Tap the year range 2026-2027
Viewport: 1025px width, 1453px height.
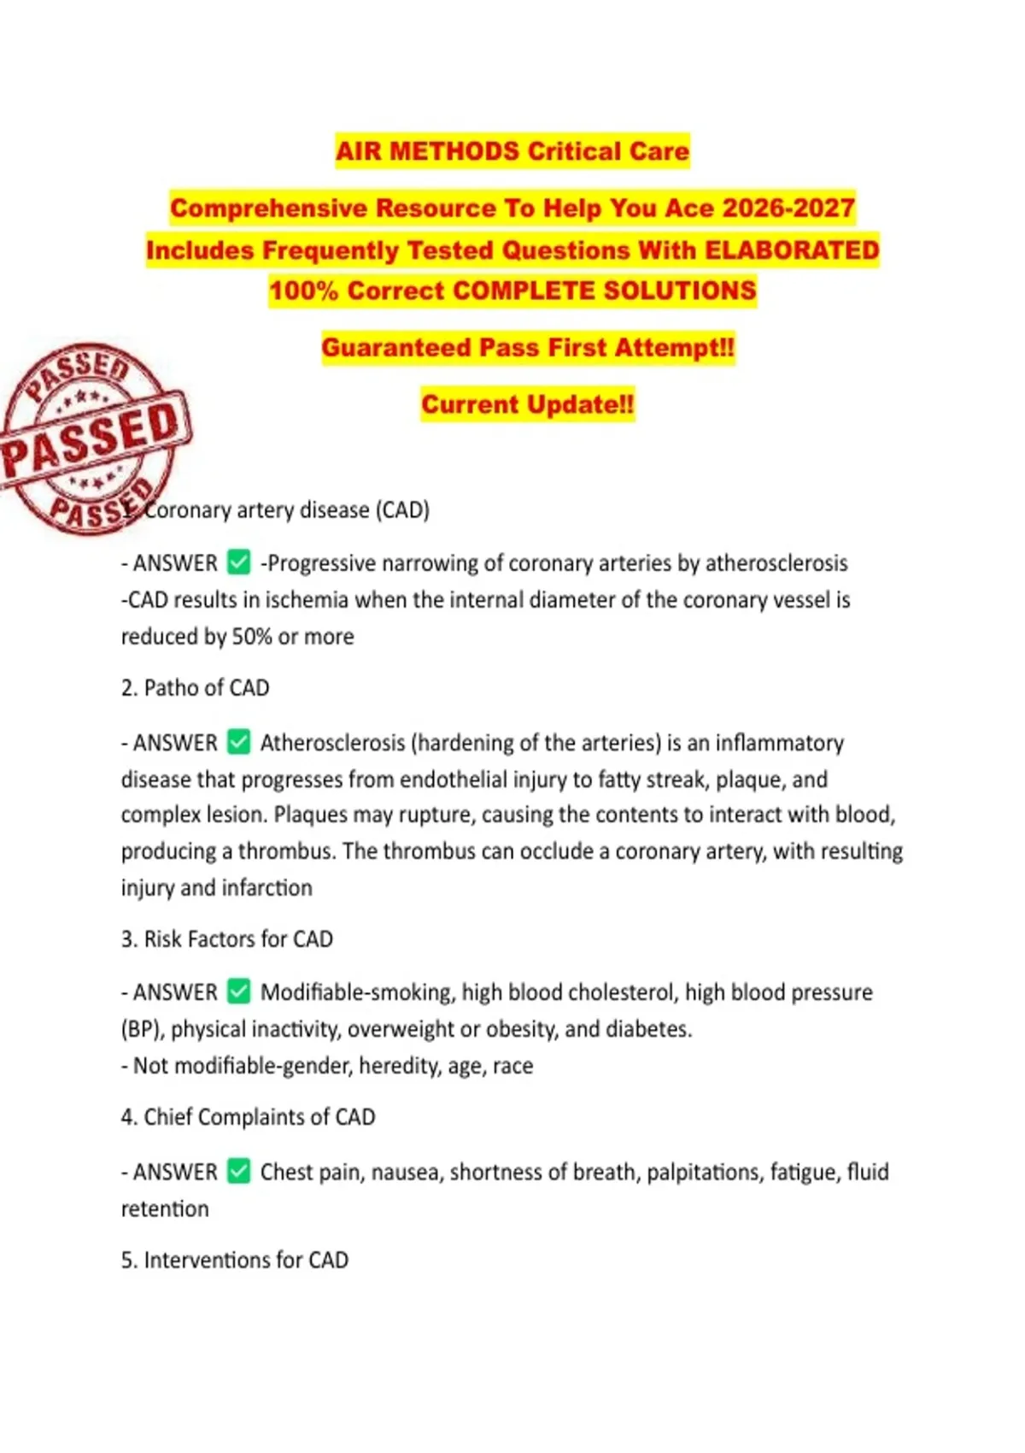point(788,208)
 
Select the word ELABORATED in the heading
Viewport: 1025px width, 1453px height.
point(792,250)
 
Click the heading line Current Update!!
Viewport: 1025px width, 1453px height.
point(527,404)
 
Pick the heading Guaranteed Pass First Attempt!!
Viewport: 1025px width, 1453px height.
point(527,348)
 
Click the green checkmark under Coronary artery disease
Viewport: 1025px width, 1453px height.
point(239,562)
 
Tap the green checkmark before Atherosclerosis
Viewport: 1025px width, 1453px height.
point(239,742)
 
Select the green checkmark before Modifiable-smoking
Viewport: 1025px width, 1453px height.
point(239,991)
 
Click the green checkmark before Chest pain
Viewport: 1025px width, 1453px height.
point(239,1171)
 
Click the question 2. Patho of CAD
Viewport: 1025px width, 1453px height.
point(195,688)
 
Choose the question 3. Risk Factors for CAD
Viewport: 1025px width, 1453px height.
point(226,938)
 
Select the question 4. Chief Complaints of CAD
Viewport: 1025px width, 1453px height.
point(248,1117)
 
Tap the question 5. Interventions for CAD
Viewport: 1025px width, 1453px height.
point(235,1260)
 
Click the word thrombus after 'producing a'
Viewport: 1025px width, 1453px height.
point(286,851)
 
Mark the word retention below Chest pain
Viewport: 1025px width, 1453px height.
point(165,1209)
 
